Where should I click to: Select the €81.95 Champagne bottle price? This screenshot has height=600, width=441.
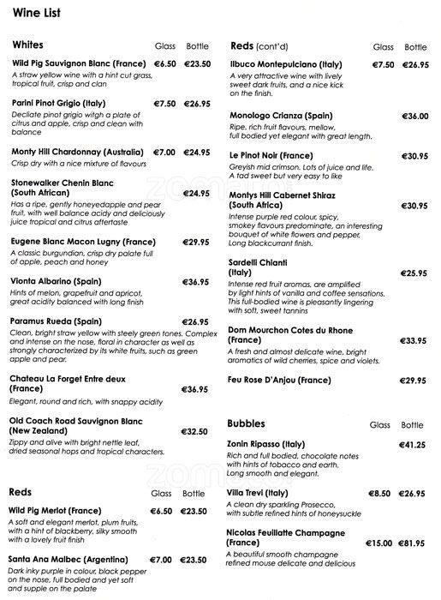coord(414,543)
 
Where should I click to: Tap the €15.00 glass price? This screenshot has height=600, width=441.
coord(378,543)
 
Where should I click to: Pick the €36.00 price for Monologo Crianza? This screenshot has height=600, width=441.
coord(414,116)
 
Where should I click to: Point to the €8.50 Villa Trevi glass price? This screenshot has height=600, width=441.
coord(378,495)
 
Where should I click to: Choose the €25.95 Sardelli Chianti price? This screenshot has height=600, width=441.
coord(414,273)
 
